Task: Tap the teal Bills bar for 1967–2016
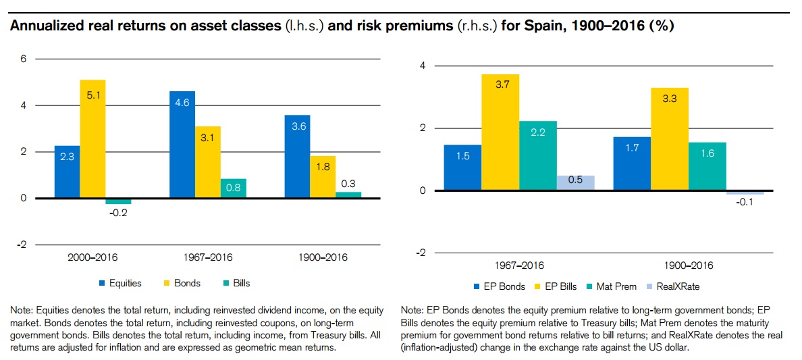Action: coord(233,188)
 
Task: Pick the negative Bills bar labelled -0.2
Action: coord(118,201)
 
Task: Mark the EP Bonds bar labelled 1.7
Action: coord(632,163)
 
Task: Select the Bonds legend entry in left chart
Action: coord(183,283)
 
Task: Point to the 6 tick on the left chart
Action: coord(23,59)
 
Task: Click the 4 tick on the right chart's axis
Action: coord(421,66)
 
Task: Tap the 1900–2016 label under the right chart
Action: coord(688,265)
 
